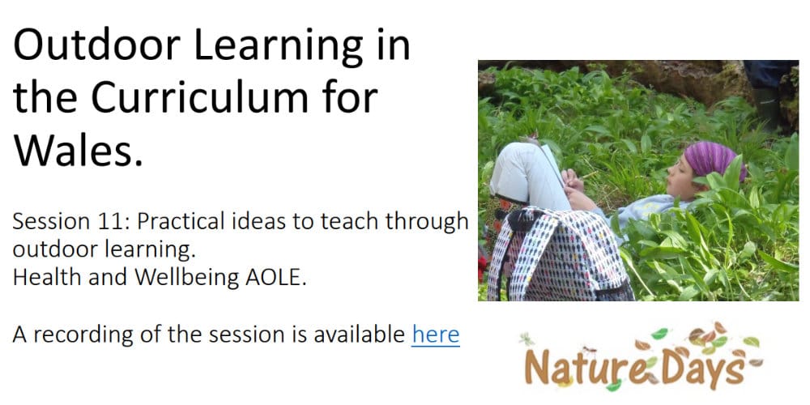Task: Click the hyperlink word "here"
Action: tap(436, 335)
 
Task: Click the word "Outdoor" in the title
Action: tap(96, 46)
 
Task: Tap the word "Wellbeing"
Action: tap(187, 278)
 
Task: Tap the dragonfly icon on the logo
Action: tap(526, 339)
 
